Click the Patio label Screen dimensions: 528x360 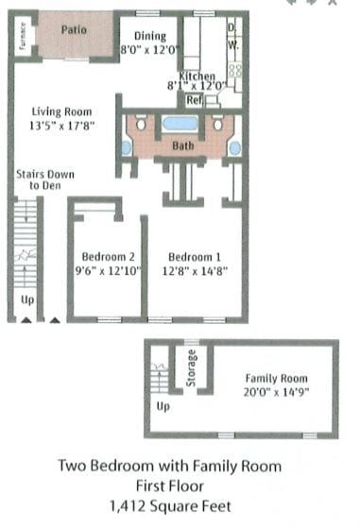pyautogui.click(x=74, y=29)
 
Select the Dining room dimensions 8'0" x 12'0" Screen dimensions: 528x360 pyautogui.click(x=150, y=50)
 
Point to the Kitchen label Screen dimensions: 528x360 pyautogui.click(x=197, y=76)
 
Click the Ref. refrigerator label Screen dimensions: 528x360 pyautogui.click(x=195, y=99)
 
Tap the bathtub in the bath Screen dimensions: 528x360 pyautogui.click(x=180, y=123)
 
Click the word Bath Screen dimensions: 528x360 pyautogui.click(x=182, y=146)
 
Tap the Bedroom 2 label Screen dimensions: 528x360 pyautogui.click(x=109, y=257)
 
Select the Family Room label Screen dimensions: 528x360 pyautogui.click(x=273, y=378)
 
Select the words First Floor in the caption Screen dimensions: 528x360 pyautogui.click(x=170, y=486)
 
